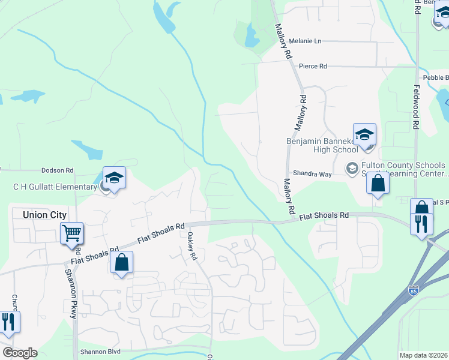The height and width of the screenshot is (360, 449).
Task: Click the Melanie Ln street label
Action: (305, 41)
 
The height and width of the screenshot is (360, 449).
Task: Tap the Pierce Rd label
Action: (313, 66)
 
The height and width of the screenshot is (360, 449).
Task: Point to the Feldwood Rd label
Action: (415, 106)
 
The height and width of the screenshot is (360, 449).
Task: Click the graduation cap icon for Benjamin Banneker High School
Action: (364, 134)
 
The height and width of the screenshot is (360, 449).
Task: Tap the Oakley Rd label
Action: (192, 246)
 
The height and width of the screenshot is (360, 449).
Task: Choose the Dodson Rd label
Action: (56, 170)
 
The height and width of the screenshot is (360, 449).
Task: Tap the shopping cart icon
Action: (71, 232)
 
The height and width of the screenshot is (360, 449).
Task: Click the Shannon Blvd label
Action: (101, 352)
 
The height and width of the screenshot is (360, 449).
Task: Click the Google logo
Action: (19, 353)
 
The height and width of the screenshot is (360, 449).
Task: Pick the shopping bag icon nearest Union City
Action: (121, 262)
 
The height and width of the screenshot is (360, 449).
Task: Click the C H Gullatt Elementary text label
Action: (55, 187)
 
